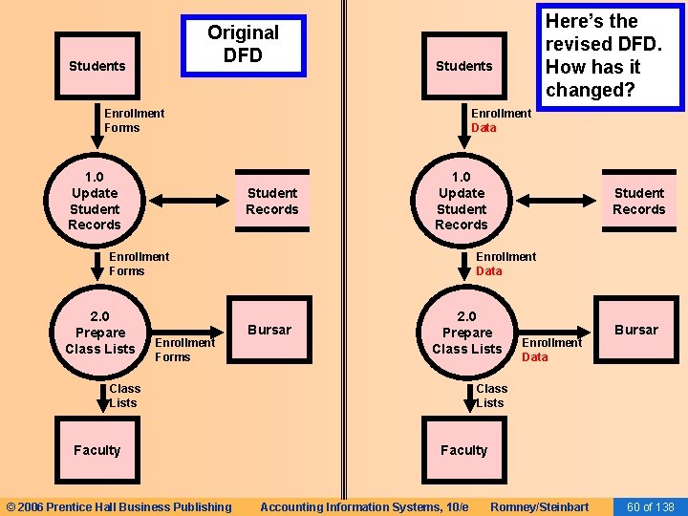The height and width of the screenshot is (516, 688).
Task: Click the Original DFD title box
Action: click(243, 45)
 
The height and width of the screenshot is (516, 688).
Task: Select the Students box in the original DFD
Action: click(97, 66)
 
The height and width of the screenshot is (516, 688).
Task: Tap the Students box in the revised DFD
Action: click(463, 66)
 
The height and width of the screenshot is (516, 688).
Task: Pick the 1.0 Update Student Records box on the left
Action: click(95, 201)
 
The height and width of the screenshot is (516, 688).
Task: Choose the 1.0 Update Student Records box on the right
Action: click(462, 201)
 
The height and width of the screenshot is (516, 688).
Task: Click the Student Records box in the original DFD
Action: click(272, 202)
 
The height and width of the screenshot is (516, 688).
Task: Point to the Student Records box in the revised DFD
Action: click(639, 202)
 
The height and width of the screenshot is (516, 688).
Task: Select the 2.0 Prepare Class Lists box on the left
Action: click(100, 333)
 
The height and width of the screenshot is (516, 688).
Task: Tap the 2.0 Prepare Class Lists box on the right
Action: click(467, 333)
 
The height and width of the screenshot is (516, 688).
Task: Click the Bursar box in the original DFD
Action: click(269, 330)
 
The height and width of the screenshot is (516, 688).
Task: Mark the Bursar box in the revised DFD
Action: click(636, 330)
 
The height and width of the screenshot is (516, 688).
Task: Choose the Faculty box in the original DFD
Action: click(97, 450)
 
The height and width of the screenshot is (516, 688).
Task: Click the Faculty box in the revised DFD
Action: click(464, 450)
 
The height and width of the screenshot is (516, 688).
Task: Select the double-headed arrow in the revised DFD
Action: click(553, 202)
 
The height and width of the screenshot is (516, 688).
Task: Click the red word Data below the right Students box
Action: click(484, 128)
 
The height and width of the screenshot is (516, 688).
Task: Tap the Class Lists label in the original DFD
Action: click(124, 396)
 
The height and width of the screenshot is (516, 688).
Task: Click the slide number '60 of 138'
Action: click(650, 506)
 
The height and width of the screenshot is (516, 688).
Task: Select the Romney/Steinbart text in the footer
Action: click(539, 506)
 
